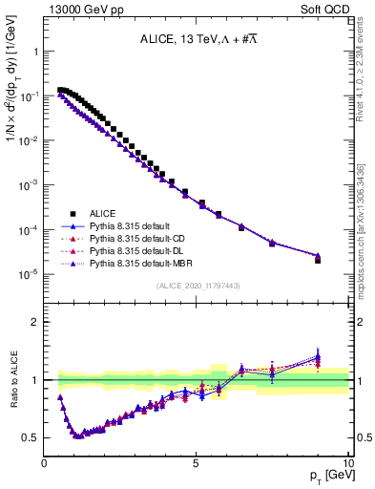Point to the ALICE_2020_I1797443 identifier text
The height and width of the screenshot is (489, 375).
[x=196, y=287]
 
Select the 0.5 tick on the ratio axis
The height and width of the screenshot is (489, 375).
[x=32, y=438]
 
